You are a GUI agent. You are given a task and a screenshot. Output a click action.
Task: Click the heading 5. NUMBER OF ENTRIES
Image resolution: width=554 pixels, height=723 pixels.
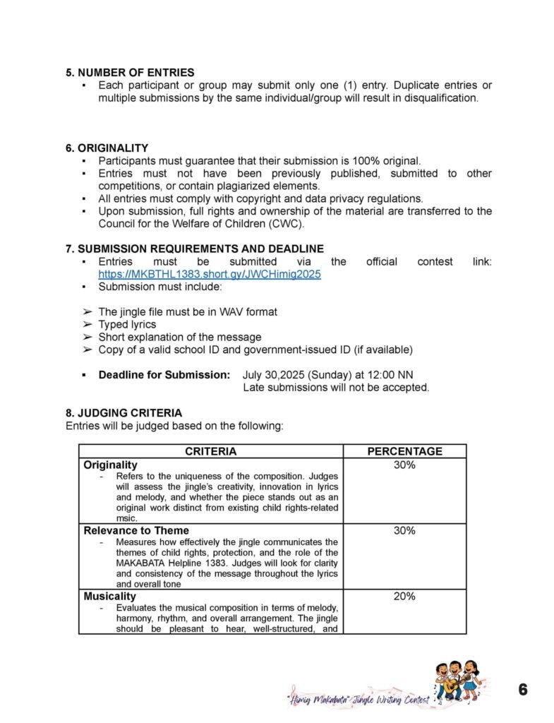(130, 72)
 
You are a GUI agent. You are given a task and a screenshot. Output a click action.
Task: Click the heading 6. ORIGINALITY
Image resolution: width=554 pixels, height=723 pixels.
(107, 148)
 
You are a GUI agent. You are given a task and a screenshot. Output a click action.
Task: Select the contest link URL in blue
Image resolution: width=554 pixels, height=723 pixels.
(210, 274)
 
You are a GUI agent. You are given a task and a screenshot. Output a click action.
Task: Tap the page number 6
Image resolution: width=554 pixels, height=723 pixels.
(523, 690)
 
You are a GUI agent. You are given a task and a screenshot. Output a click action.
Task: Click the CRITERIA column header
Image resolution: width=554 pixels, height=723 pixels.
(210, 451)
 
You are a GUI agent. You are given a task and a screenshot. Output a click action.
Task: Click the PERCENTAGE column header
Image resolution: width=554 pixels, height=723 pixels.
(404, 451)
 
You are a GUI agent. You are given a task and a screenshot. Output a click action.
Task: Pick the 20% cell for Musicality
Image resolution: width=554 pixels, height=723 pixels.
(404, 597)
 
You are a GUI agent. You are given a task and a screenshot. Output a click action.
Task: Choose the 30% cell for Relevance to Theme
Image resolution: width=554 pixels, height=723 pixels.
(404, 531)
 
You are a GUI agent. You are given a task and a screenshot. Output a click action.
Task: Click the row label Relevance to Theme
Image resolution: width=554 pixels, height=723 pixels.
(136, 531)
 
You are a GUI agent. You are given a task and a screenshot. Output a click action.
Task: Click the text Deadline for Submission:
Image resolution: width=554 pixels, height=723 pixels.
(164, 374)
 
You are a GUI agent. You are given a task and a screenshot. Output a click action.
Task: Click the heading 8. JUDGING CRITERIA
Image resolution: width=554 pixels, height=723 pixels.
(124, 413)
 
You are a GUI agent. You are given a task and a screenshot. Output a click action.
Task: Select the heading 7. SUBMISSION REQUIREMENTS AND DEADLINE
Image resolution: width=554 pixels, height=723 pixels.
(195, 249)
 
